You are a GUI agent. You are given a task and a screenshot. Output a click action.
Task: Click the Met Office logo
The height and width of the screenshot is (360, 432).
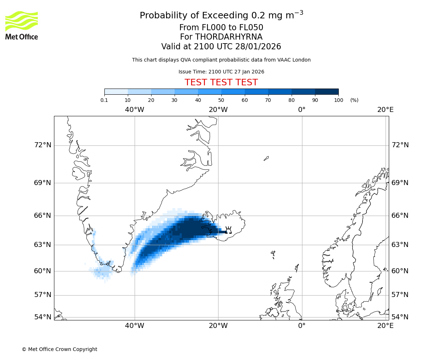click(22, 25)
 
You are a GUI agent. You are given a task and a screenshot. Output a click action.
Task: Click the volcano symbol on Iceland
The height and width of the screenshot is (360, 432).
click(228, 230)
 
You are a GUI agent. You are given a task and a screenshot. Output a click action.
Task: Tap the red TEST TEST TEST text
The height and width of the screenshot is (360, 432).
click(221, 82)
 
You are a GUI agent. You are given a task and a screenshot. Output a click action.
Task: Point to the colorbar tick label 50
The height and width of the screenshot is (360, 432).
click(221, 100)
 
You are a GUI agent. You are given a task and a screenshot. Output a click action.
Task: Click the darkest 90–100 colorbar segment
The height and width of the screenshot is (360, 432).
click(327, 92)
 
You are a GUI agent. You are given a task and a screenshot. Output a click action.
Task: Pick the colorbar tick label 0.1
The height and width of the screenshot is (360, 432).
click(104, 100)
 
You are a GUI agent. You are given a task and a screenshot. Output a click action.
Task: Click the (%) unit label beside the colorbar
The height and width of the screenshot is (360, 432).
click(354, 100)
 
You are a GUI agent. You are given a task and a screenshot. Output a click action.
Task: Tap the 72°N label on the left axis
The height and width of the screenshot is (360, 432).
click(42, 145)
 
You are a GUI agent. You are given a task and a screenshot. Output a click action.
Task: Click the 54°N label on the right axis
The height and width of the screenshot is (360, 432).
click(400, 317)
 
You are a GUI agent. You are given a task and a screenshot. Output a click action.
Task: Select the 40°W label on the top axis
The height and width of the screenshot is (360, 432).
click(135, 110)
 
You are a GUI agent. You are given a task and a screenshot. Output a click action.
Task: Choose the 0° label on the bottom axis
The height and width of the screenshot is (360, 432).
click(302, 326)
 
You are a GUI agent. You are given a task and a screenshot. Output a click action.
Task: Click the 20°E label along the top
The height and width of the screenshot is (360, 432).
click(385, 110)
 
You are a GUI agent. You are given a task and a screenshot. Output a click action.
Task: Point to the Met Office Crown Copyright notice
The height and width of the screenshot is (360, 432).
click(59, 349)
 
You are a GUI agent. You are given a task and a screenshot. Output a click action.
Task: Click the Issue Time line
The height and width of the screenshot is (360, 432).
click(221, 72)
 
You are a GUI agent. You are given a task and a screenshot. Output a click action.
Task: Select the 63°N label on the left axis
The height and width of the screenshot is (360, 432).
click(42, 245)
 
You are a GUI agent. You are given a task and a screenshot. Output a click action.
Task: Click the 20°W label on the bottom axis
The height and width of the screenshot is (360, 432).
click(218, 326)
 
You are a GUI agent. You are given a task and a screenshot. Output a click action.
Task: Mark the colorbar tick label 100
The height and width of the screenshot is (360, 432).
click(338, 100)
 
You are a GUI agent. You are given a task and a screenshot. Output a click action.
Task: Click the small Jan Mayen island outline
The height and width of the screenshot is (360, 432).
click(266, 158)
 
